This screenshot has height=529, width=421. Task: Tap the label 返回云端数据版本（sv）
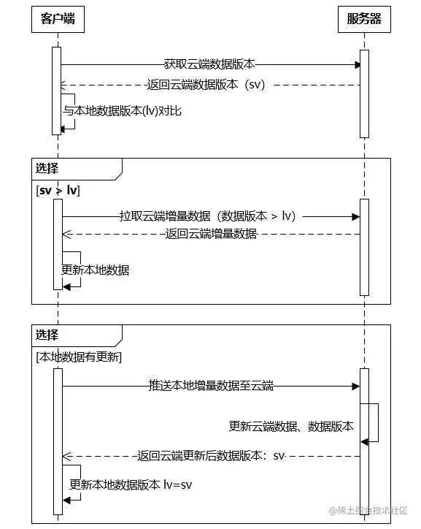(x=206, y=85)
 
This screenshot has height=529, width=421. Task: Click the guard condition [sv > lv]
(x=58, y=190)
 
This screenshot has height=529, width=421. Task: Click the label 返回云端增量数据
(x=211, y=234)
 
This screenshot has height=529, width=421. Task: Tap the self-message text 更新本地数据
(x=96, y=270)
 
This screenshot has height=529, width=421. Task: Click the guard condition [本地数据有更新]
(x=79, y=357)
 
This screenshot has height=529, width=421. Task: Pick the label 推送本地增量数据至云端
(x=211, y=386)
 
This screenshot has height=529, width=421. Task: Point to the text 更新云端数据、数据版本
(x=291, y=426)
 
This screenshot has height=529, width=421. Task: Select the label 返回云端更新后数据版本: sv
(x=211, y=456)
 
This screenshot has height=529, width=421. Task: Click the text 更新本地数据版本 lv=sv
(x=131, y=484)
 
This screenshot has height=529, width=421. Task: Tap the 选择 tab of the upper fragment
(x=47, y=168)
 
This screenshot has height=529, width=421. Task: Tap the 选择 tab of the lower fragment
(x=47, y=335)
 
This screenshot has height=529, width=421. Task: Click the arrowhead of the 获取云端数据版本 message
(x=358, y=64)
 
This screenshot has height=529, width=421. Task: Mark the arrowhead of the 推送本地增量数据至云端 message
(x=358, y=386)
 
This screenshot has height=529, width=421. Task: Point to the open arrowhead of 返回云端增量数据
(x=65, y=234)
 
